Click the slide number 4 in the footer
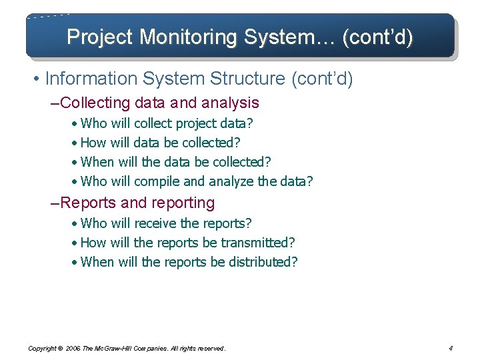(451, 348)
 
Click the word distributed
(263, 262)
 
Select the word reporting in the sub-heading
(183, 203)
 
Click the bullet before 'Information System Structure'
(35, 79)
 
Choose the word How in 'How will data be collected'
(93, 143)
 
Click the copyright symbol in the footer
(59, 349)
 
